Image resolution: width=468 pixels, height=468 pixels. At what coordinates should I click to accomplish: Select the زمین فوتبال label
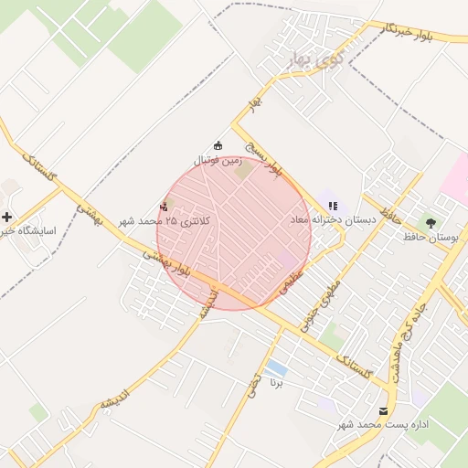[216, 159]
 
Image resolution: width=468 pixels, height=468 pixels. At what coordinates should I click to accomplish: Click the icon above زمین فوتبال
[218, 144]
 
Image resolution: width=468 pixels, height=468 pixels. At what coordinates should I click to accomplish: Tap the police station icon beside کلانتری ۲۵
[165, 206]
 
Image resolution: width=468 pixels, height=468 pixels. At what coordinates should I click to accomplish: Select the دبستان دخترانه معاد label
[334, 219]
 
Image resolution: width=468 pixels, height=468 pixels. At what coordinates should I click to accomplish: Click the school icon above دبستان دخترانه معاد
[332, 205]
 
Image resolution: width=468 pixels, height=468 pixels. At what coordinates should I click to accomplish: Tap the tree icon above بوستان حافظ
[430, 222]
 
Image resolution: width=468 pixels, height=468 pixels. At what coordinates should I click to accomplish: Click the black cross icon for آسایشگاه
[8, 217]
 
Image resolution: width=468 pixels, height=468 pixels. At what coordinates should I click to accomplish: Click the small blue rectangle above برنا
[276, 368]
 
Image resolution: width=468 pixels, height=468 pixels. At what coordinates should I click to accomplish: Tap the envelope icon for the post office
[383, 410]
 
